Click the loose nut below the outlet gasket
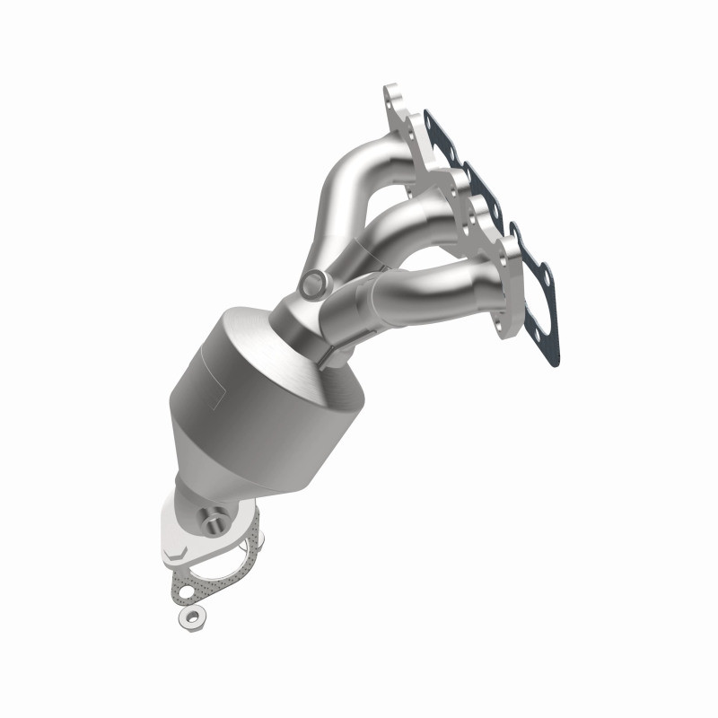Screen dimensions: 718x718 (x=190, y=617)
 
